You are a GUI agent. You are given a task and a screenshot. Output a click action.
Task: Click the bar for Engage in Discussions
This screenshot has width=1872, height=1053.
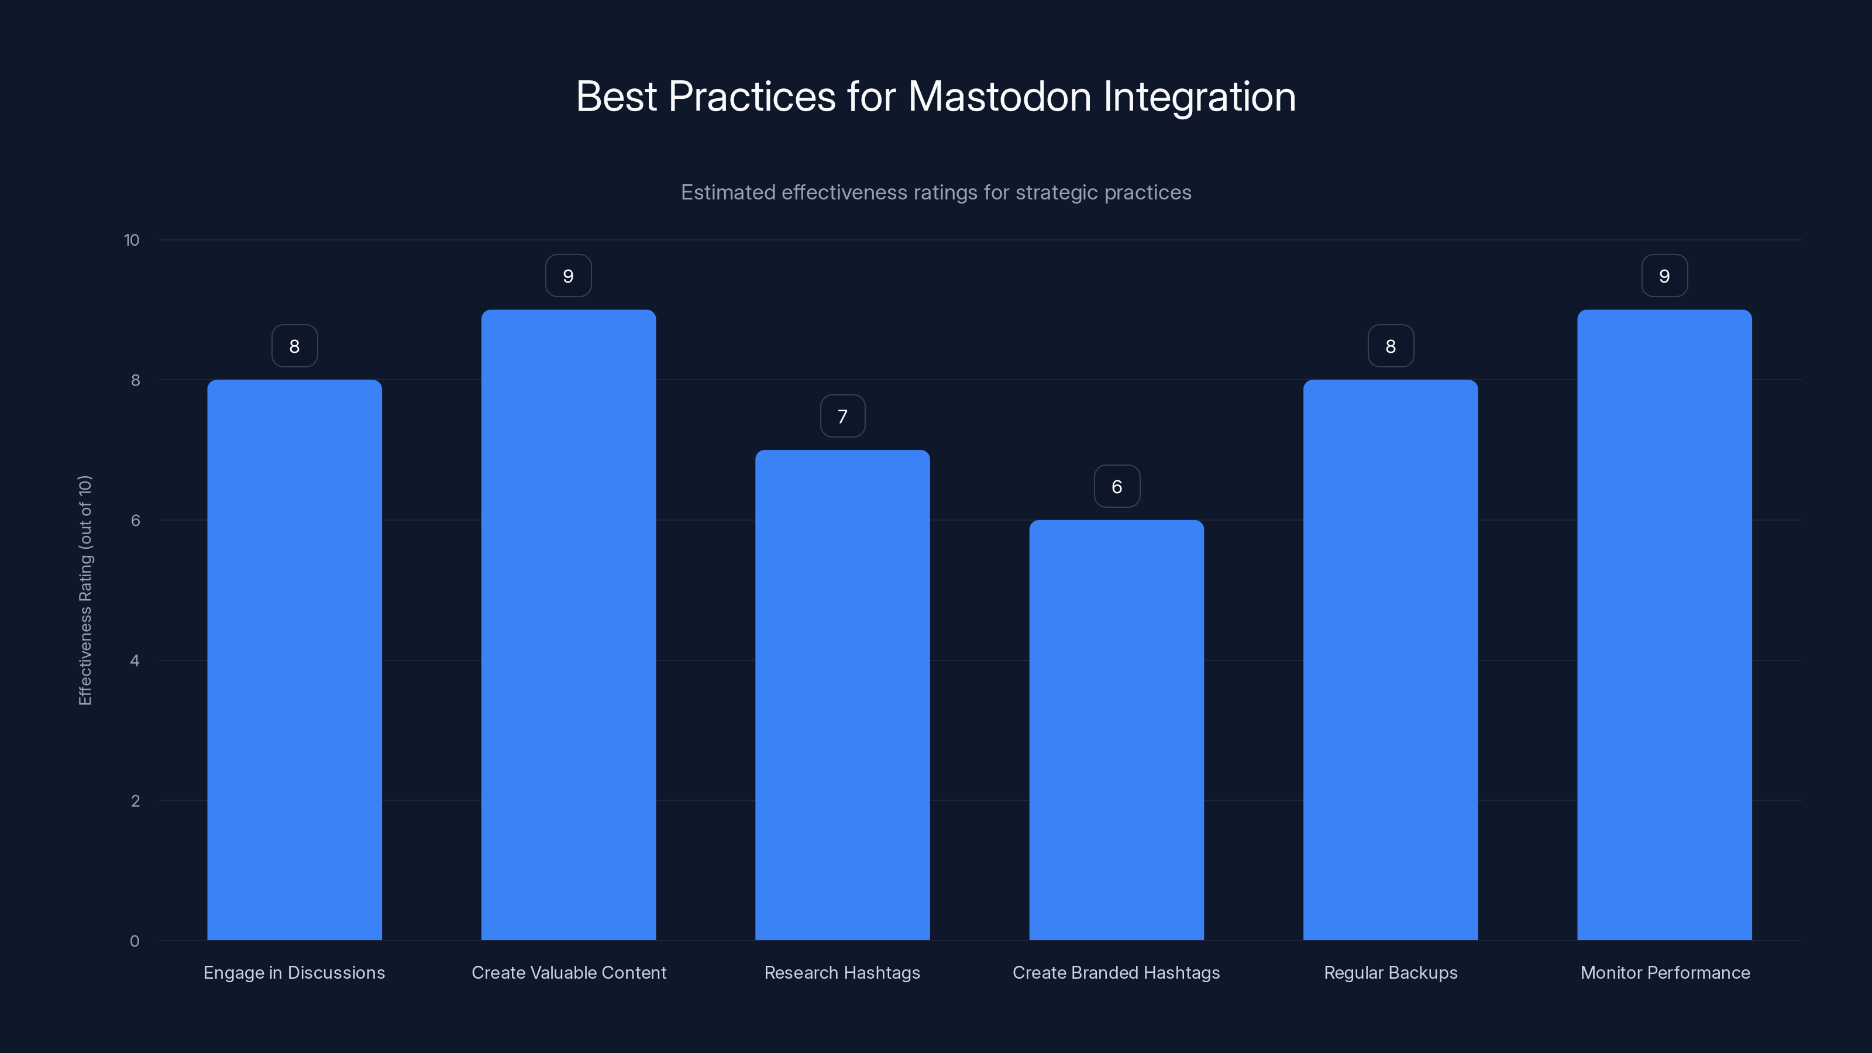[x=294, y=660]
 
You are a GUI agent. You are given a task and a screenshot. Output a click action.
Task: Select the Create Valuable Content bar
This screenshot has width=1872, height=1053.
[x=568, y=625]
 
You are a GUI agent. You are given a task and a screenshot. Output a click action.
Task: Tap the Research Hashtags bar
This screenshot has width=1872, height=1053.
[x=842, y=695]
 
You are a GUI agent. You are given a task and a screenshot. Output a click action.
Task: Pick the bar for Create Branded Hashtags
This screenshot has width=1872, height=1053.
[x=1116, y=729]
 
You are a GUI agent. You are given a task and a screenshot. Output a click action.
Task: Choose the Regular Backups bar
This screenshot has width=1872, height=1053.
[x=1390, y=660]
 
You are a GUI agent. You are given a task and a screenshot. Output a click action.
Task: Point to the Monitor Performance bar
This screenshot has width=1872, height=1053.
[x=1664, y=625]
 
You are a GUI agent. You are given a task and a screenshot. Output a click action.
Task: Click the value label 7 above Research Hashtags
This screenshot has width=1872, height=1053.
[x=843, y=417]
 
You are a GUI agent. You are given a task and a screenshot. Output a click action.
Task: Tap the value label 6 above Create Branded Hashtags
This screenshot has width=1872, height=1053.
[x=1117, y=486]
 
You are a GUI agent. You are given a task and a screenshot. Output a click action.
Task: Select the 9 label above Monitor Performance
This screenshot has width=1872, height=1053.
[x=1664, y=276]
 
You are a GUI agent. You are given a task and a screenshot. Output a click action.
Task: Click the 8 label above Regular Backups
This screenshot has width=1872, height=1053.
[x=1390, y=346]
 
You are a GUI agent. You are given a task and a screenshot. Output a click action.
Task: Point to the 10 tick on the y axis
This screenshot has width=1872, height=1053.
[x=132, y=240]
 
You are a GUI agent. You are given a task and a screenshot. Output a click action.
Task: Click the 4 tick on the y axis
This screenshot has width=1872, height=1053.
[x=135, y=660]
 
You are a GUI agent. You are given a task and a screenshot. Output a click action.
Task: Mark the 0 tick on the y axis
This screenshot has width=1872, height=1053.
[x=135, y=941]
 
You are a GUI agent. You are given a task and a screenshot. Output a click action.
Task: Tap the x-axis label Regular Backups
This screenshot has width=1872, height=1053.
[x=1390, y=972]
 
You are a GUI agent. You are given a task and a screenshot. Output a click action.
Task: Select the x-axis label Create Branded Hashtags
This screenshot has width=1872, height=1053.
[x=1116, y=972]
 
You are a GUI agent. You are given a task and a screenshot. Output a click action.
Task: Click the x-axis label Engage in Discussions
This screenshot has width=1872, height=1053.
[x=294, y=972]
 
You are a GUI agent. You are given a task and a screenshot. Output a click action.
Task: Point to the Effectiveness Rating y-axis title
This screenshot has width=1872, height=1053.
[x=85, y=590]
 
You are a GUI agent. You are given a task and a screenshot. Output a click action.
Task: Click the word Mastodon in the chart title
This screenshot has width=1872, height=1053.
[x=999, y=97]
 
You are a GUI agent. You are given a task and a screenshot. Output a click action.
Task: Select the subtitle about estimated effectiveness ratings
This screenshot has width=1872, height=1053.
[x=936, y=192]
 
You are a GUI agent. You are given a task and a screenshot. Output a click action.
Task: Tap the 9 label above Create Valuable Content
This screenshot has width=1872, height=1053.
[x=568, y=276]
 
